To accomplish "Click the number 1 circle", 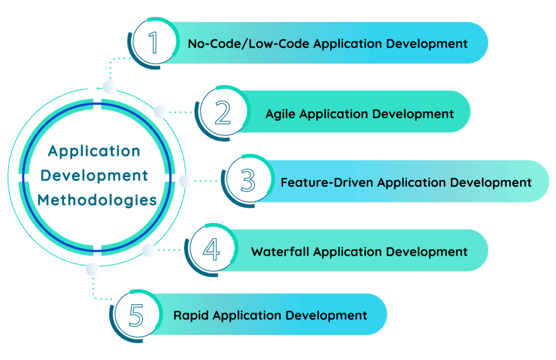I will [154, 42].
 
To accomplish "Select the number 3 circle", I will [248, 181].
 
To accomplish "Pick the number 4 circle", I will [211, 250].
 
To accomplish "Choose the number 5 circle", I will [137, 314].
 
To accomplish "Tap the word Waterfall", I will [280, 252].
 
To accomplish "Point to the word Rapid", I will [191, 315].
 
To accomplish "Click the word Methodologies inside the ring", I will [97, 200].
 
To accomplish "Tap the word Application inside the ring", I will [94, 151].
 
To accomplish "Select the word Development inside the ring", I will [95, 176].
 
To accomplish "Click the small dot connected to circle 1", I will [110, 87].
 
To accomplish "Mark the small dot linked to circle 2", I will [161, 112].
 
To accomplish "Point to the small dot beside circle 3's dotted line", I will [186, 181].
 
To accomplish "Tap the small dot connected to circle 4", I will [149, 250].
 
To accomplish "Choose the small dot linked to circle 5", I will [93, 269].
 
